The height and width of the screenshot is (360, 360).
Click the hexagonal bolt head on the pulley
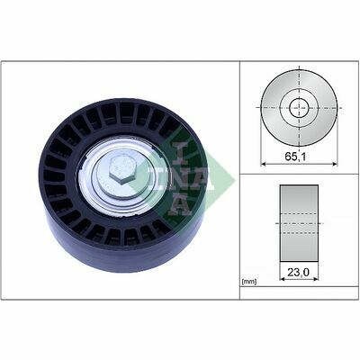pyautogui.click(x=122, y=170)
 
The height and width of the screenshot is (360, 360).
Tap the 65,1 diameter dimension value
pyautogui.click(x=295, y=157)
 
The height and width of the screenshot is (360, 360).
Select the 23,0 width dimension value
pyautogui.click(x=299, y=272)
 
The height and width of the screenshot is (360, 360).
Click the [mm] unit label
pyautogui.click(x=249, y=282)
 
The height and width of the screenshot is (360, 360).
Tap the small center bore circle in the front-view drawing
pyautogui.click(x=299, y=107)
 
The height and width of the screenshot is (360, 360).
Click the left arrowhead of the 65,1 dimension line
pyautogui.click(x=264, y=164)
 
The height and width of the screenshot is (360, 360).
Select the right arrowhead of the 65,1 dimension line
pyautogui.click(x=335, y=164)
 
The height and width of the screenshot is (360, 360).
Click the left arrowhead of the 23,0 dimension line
pyautogui.click(x=283, y=279)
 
